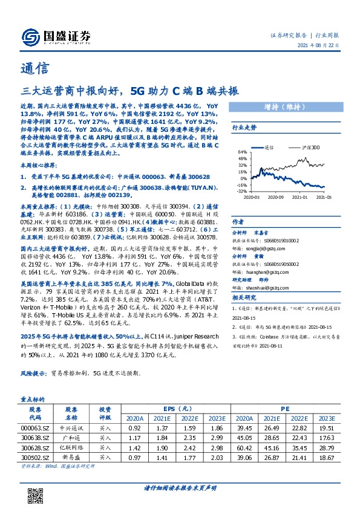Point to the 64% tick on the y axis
[x=242, y=152]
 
